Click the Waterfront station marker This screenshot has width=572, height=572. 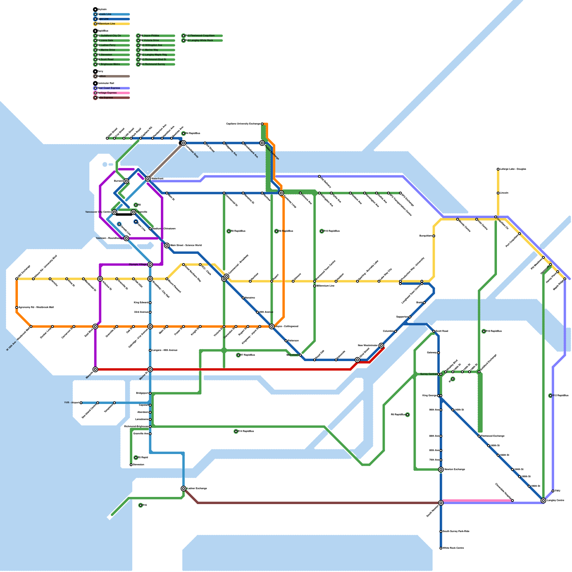(148, 179)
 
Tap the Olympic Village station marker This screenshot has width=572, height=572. (150, 265)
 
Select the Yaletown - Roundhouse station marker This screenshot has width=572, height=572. (126, 238)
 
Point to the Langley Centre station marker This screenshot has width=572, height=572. (543, 500)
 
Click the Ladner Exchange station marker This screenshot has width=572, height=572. (183, 489)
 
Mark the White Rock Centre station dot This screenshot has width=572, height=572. (441, 548)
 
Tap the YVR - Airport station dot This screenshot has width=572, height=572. (81, 403)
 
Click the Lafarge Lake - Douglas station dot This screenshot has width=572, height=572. (498, 169)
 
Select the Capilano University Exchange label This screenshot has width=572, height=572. (243, 124)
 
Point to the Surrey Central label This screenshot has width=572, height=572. (428, 374)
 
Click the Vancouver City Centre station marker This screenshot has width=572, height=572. (114, 212)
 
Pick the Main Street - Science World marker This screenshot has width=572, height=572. (167, 246)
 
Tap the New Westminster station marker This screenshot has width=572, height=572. (381, 346)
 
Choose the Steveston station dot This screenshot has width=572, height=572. (131, 465)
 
